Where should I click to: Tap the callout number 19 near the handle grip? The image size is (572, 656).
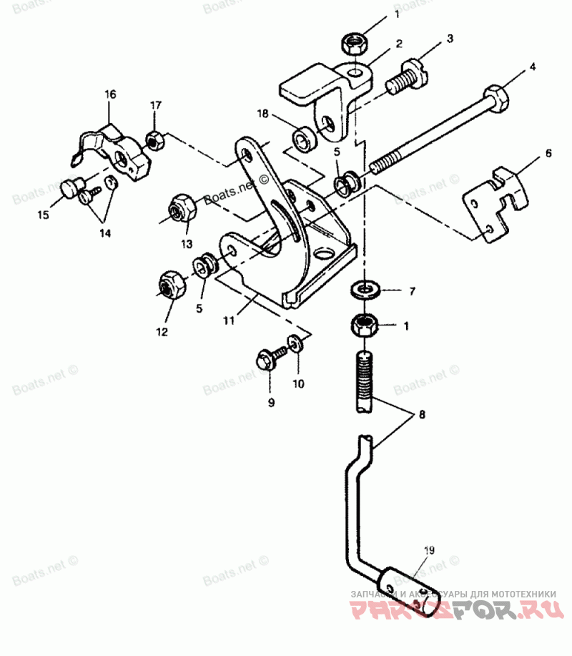(x=428, y=550)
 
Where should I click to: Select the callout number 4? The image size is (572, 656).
(x=531, y=69)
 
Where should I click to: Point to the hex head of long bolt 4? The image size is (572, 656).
(x=495, y=94)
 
